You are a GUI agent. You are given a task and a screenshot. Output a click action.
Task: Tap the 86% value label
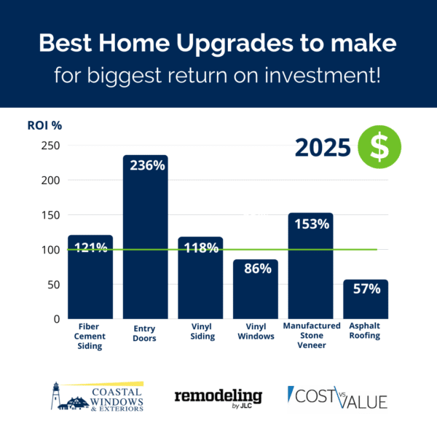pos(255,268)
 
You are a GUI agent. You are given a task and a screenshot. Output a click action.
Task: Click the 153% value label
pos(310,224)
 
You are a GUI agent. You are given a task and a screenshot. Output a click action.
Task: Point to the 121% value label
pos(90,247)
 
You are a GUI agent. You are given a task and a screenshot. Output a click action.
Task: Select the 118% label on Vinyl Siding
pos(200,248)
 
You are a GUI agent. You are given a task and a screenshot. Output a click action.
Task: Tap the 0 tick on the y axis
pos(55,319)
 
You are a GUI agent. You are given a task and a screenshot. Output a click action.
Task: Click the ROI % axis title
pos(44,125)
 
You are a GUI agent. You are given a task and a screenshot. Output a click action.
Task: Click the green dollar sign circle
pos(379,147)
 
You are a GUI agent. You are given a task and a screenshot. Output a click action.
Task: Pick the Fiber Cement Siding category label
pos(90,336)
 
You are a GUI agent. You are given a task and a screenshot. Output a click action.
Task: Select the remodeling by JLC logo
pos(218,396)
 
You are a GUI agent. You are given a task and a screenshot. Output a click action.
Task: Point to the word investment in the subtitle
pos(321,75)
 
